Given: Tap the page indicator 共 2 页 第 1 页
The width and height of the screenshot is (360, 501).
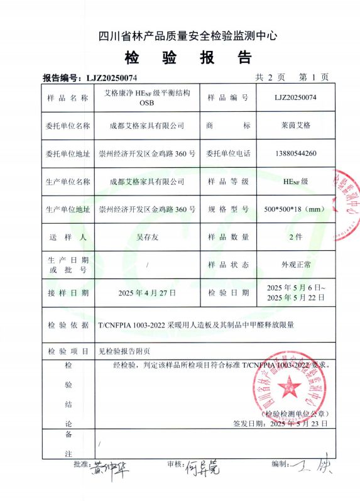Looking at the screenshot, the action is click(x=292, y=77).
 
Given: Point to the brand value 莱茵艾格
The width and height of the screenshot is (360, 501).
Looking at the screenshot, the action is click(x=295, y=126).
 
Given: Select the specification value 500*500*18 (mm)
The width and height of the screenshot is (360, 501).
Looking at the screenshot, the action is click(x=295, y=209).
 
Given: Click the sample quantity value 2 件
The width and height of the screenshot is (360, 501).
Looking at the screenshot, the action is click(x=295, y=236).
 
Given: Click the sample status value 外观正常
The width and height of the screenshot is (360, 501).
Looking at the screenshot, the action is click(x=295, y=265).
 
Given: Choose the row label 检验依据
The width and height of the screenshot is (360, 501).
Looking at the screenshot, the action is click(x=68, y=325).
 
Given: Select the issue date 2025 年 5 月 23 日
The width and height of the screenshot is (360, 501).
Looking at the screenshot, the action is click(x=298, y=424).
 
